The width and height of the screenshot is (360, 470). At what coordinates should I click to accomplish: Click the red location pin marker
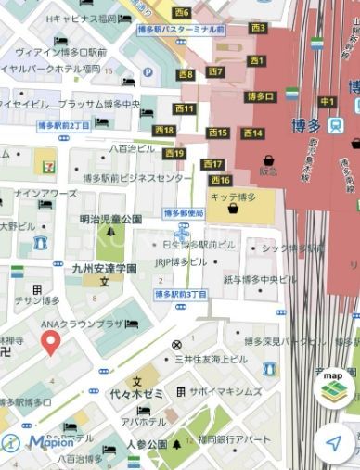[x=51, y=343]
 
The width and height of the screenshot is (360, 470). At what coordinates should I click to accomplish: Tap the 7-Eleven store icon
[x=45, y=162]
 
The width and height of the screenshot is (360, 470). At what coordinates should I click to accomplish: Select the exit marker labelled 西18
[x=164, y=131]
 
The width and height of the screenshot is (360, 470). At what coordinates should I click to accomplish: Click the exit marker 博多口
[x=260, y=96]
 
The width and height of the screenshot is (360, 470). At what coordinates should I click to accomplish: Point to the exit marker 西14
[x=252, y=133]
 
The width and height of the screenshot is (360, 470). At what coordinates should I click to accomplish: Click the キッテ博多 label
[x=232, y=197]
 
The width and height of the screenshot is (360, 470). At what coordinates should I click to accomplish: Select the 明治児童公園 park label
[x=110, y=219]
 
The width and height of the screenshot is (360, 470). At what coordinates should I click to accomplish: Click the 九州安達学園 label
[x=105, y=268]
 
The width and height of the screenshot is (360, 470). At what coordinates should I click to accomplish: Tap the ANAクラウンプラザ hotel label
[x=82, y=324]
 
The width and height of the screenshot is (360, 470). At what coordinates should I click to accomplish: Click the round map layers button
[x=333, y=387]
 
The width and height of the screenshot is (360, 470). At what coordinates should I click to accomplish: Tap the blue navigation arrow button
[x=333, y=444]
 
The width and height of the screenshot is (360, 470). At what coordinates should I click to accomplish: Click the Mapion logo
[x=41, y=442]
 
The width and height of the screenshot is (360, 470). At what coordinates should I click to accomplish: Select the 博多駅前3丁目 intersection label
[x=181, y=294]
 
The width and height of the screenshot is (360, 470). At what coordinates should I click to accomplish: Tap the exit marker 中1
[x=327, y=101]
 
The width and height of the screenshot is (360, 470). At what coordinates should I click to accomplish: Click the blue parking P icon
[x=148, y=71]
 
